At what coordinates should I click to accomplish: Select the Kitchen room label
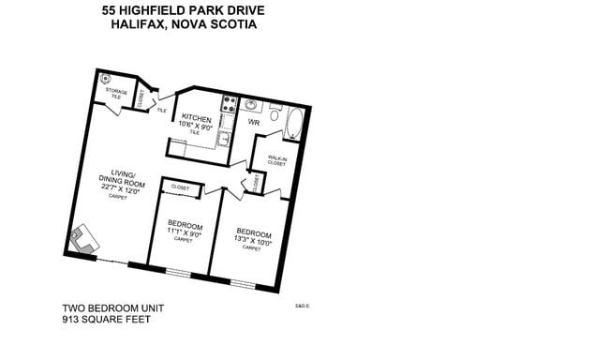click(x=196, y=117)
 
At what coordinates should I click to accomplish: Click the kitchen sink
click(x=225, y=138)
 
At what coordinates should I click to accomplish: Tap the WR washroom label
click(x=253, y=123)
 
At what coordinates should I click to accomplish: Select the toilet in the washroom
click(x=275, y=112)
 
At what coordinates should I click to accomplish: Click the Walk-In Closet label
click(x=276, y=160)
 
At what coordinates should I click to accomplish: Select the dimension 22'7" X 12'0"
click(x=119, y=189)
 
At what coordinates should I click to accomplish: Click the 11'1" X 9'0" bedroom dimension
click(x=184, y=232)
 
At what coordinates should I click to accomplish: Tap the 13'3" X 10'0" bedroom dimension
click(x=253, y=240)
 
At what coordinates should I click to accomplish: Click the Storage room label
click(x=116, y=91)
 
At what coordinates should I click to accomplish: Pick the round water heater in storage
click(x=105, y=80)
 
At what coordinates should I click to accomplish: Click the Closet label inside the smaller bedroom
click(x=180, y=188)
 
